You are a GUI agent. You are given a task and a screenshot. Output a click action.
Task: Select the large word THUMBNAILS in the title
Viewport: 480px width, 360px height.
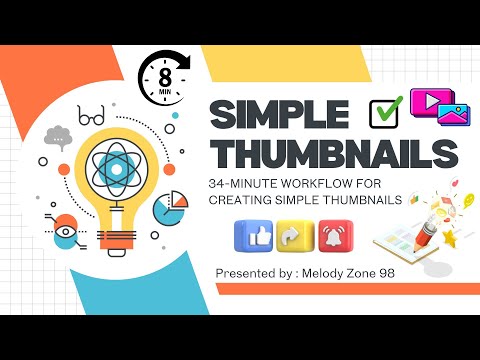(334, 155)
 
